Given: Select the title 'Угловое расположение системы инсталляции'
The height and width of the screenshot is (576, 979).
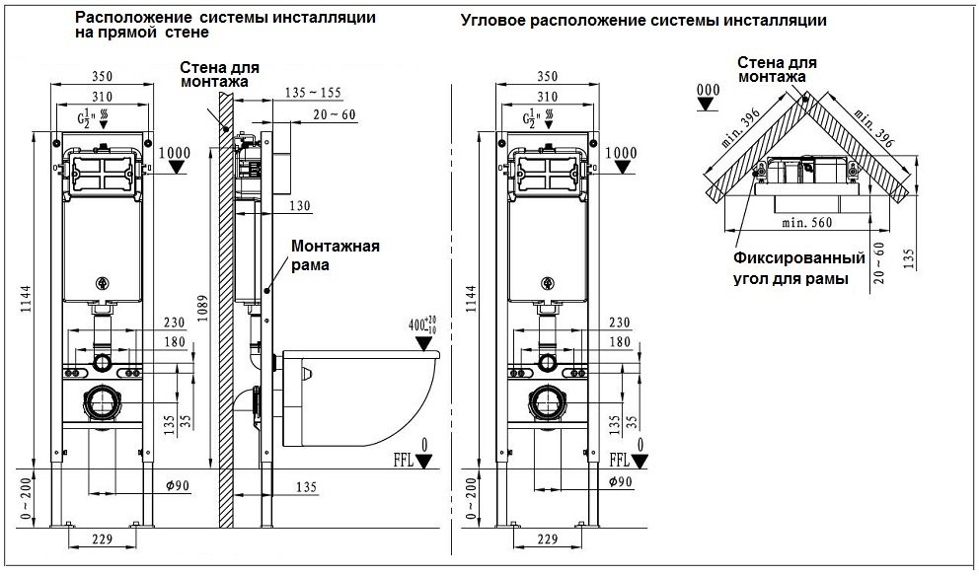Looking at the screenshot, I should point(643,20).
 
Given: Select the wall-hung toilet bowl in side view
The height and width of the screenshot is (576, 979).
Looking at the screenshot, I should point(360,395).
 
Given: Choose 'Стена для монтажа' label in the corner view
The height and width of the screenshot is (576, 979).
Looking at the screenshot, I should point(776,68).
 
